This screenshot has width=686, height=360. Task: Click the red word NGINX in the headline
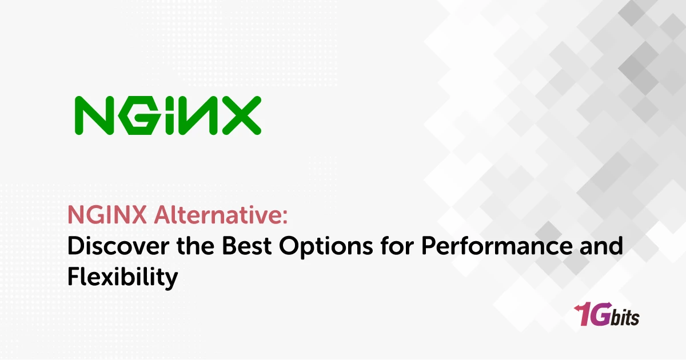[100, 217]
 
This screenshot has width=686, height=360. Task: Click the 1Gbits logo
[607, 315]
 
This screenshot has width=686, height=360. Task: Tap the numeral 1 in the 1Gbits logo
[581, 315]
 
